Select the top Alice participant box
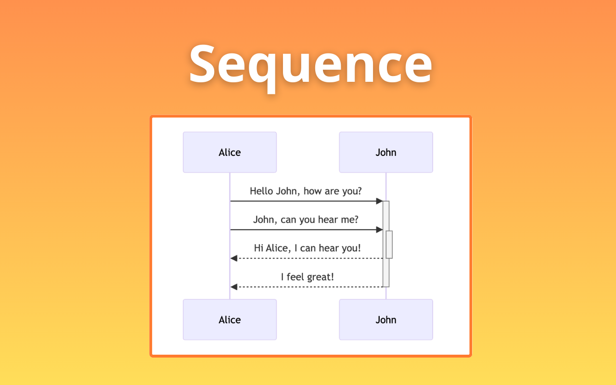tap(230, 153)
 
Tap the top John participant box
tap(386, 153)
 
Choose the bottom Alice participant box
tap(230, 320)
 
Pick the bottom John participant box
tap(386, 320)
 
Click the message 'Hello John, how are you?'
tap(306, 191)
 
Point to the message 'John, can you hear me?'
tap(306, 220)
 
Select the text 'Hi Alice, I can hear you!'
tap(307, 248)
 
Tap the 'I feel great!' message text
tap(307, 277)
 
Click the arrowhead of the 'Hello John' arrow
tap(380, 201)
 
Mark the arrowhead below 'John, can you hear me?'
tap(380, 230)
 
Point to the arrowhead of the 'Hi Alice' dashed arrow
tap(234, 258)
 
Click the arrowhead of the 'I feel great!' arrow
tap(234, 287)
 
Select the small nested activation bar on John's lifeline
tap(389, 244)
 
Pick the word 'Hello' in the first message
tap(261, 191)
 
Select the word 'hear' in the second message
tap(328, 220)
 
